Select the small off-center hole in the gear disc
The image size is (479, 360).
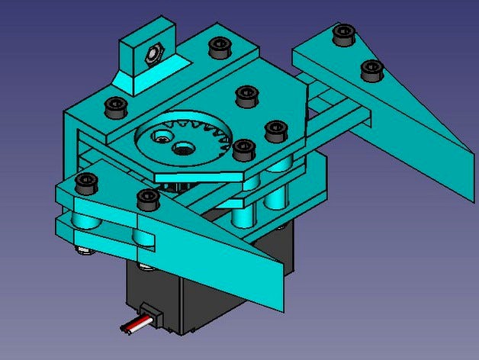161,137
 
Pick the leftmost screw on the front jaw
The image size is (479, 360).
85,183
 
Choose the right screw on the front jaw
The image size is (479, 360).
146,200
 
